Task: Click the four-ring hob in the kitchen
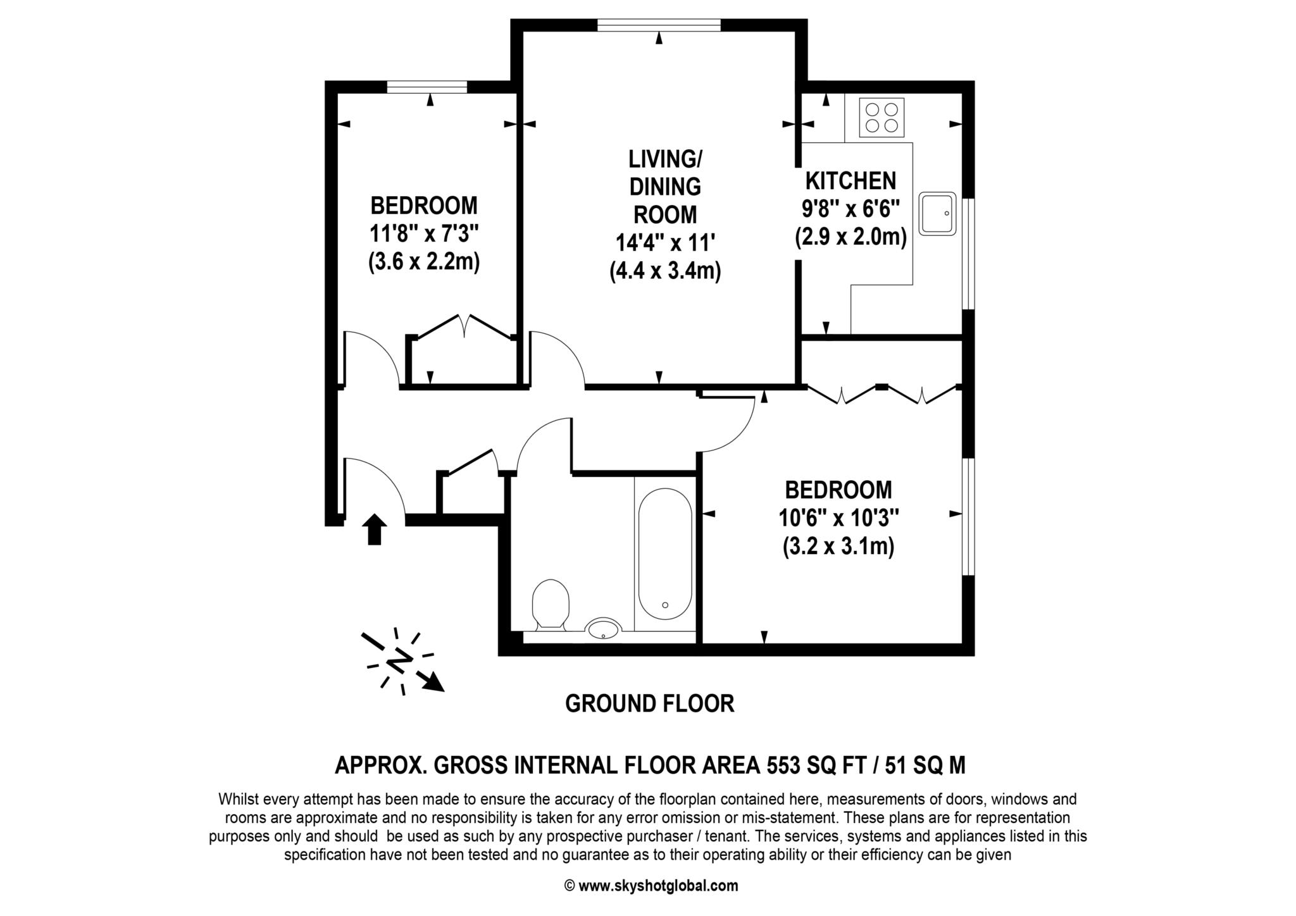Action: [x=882, y=118]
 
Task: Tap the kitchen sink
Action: [x=937, y=214]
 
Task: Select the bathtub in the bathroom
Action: [x=664, y=554]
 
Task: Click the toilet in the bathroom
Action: [x=551, y=603]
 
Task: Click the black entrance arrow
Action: [x=374, y=529]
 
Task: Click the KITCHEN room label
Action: [x=850, y=181]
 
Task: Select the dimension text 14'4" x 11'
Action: [x=665, y=243]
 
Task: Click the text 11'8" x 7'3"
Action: [x=424, y=234]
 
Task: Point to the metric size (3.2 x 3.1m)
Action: [x=838, y=547]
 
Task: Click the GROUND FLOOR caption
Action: [x=649, y=703]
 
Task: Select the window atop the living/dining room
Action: [x=659, y=26]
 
